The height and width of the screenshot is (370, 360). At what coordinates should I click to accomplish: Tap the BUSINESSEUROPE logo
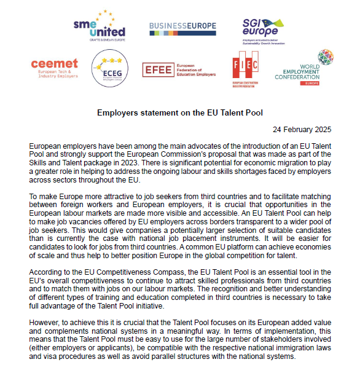tap(182, 25)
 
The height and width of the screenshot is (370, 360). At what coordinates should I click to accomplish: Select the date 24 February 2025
tap(302, 129)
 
